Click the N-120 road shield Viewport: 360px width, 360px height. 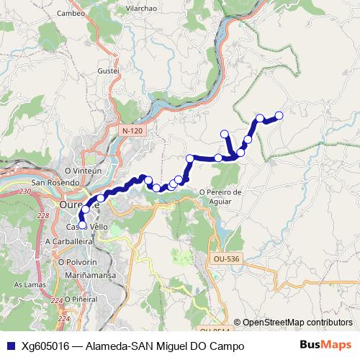(132, 131)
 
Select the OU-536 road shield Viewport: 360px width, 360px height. (225, 258)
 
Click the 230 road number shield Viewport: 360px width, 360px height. (25, 192)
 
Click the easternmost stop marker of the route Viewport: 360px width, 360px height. (279, 115)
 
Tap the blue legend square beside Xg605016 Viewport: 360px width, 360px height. (10, 346)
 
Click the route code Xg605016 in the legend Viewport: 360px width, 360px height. (45, 346)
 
